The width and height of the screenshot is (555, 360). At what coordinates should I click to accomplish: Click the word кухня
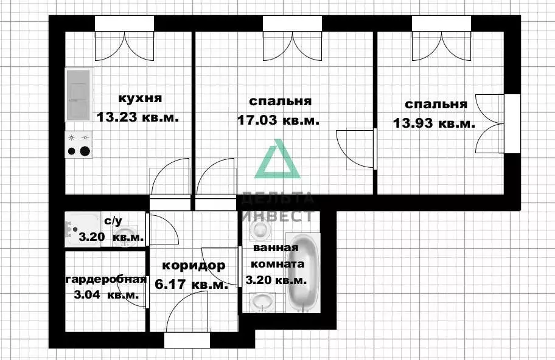coord(139,98)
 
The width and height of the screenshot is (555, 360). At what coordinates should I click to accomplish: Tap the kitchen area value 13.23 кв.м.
coord(138,117)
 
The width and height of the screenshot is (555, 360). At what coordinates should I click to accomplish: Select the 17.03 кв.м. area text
coord(277,120)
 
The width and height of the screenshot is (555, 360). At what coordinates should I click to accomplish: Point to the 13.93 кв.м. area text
coord(434,123)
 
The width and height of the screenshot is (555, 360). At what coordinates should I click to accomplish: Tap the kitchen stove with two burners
coord(79,145)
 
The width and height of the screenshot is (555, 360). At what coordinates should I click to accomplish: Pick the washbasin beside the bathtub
coord(263,302)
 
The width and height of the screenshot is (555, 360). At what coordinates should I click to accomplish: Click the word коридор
coord(194,265)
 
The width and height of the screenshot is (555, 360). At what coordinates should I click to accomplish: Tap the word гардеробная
coord(106,280)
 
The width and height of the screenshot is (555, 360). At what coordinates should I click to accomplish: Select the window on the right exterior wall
coord(513,125)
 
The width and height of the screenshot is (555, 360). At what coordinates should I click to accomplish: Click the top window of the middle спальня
coord(291,23)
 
